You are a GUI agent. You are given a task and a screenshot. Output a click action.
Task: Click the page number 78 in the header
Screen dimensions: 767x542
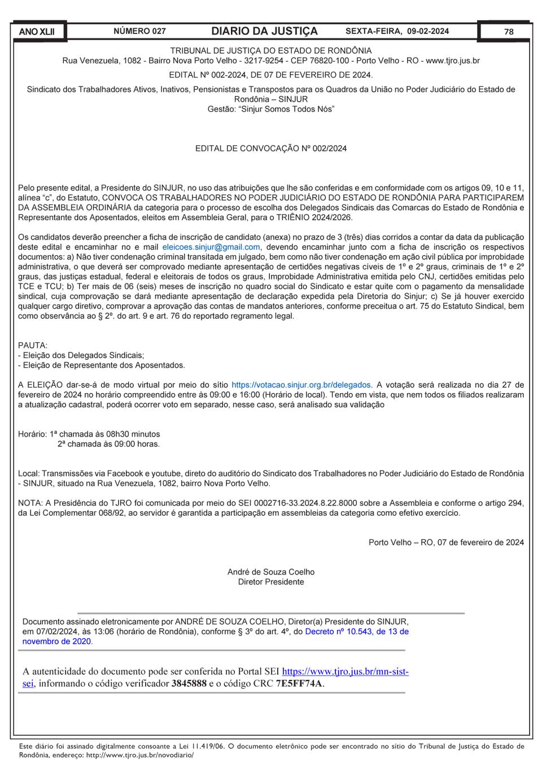tap(509, 32)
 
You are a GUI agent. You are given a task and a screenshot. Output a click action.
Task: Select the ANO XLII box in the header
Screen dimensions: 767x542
tap(37, 32)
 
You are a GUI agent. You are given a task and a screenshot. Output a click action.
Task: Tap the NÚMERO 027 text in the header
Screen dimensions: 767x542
tap(139, 31)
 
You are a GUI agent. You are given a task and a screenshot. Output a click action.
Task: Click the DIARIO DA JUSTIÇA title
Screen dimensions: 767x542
tap(264, 31)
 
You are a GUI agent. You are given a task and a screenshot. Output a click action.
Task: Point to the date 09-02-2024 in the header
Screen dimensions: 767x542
tap(428, 31)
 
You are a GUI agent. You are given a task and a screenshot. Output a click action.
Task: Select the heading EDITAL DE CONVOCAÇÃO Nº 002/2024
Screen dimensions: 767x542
tap(271, 149)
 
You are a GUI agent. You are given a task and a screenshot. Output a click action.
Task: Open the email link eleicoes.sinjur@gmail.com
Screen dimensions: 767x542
tap(211, 247)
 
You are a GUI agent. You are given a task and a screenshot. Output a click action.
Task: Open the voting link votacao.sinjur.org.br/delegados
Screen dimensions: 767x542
tap(301, 385)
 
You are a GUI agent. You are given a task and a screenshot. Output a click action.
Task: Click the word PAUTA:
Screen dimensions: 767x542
tap(33, 345)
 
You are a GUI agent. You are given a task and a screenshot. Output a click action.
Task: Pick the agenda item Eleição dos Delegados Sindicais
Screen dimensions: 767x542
tap(83, 355)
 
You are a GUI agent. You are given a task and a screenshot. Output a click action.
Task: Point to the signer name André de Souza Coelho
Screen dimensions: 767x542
tap(271, 572)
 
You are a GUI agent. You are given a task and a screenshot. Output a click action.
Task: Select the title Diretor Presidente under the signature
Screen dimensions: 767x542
tap(271, 582)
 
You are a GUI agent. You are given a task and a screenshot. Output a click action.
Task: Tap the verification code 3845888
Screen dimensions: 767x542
tap(189, 683)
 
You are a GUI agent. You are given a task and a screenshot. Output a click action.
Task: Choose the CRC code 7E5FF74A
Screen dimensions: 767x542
tap(299, 683)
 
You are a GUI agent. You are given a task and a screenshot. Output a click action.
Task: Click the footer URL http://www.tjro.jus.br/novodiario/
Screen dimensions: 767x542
tap(139, 755)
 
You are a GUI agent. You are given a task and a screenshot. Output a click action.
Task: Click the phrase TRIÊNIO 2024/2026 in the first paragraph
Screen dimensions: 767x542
tap(314, 217)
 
